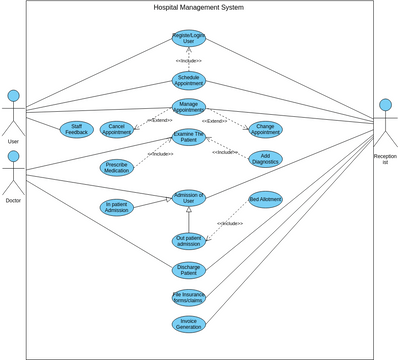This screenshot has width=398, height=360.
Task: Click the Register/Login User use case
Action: click(x=188, y=39)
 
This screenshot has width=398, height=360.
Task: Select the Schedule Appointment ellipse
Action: click(x=188, y=80)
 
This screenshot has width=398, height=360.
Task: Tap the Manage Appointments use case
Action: click(x=188, y=106)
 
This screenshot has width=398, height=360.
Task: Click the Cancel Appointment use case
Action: click(x=117, y=129)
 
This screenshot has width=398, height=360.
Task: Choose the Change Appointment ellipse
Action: click(x=265, y=129)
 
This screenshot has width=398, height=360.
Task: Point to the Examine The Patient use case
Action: click(x=188, y=136)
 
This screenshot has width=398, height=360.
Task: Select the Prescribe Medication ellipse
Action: click(x=117, y=167)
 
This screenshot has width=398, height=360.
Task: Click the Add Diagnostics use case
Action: click(x=265, y=158)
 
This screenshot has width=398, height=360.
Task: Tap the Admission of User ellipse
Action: click(x=188, y=197)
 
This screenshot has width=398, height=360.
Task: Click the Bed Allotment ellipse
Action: click(x=265, y=199)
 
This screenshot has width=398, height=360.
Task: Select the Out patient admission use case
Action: click(x=188, y=241)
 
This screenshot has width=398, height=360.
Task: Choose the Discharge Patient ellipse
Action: click(x=188, y=269)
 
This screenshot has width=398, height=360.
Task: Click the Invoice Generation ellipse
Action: click(x=188, y=324)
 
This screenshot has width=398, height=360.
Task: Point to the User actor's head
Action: click(x=13, y=97)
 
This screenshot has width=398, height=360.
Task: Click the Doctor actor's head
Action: click(x=13, y=157)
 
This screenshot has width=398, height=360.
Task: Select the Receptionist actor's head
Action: click(x=385, y=105)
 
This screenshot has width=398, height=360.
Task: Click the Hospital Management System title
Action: click(x=198, y=7)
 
